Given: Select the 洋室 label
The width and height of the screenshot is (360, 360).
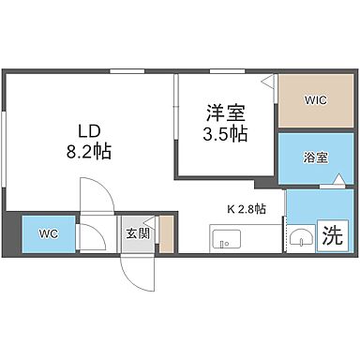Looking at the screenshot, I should click(227, 113).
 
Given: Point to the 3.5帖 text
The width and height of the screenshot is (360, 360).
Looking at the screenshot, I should click(227, 134).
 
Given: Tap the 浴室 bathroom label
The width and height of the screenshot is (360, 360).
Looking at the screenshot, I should click(315, 157).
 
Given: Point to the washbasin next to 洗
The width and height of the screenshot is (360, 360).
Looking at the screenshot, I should click(300, 236).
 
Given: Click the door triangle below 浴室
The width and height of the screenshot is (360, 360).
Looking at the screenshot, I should click(325, 187).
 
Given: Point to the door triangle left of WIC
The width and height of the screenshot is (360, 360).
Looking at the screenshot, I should click(269, 82).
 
